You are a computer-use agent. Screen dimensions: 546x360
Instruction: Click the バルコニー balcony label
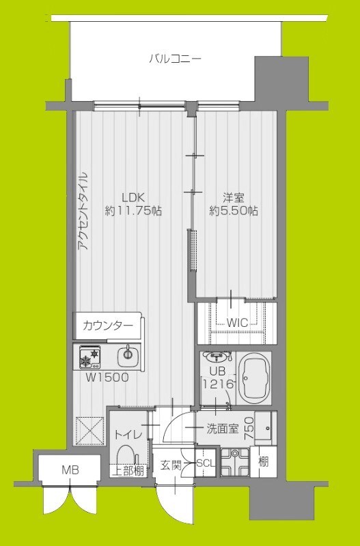pyautogui.click(x=176, y=59)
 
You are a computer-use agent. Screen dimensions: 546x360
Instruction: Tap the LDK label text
pyautogui.click(x=133, y=197)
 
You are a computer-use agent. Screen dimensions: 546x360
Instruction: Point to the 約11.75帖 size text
pyautogui.click(x=133, y=211)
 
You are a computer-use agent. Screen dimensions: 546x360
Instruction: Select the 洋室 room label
pyautogui.click(x=234, y=197)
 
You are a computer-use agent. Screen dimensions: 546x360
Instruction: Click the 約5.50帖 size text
pyautogui.click(x=234, y=211)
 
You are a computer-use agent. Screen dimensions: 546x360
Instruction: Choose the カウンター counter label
pyautogui.click(x=108, y=325)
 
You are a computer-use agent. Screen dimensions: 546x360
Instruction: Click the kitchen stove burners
pyautogui.click(x=89, y=355)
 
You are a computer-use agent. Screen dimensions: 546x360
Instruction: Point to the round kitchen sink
pyautogui.click(x=127, y=354)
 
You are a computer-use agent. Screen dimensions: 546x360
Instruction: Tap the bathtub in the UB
pyautogui.click(x=258, y=376)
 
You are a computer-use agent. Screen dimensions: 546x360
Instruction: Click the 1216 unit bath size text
pyautogui.click(x=218, y=384)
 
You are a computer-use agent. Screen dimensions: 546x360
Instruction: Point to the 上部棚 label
pyautogui.click(x=128, y=470)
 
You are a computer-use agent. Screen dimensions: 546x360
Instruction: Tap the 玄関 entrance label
pyautogui.click(x=171, y=465)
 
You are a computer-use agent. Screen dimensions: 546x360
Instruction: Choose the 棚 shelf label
pyautogui.click(x=264, y=461)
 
